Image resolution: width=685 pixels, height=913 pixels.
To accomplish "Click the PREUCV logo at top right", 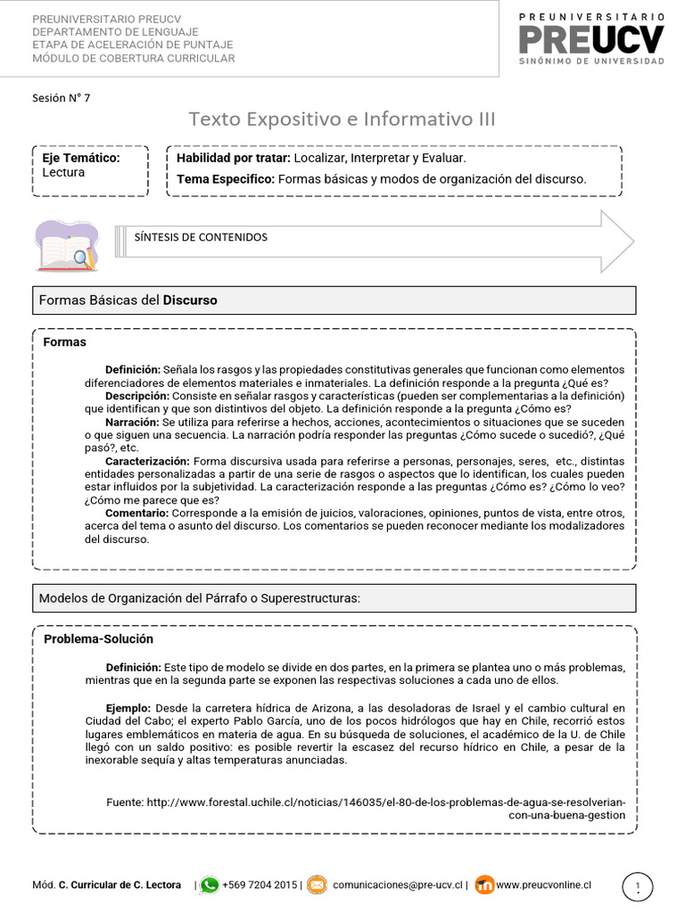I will click(591, 39).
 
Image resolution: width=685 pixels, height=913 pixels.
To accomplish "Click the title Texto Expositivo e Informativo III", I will click(342, 119).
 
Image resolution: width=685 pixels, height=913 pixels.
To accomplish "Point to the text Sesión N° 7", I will click(61, 98).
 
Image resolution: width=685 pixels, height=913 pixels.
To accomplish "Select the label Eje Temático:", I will click(81, 158).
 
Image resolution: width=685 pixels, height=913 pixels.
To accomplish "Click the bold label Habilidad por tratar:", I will click(234, 158).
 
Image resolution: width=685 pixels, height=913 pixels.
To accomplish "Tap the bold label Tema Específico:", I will click(226, 178).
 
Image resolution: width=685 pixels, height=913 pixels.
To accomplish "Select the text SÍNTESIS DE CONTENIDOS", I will click(201, 237).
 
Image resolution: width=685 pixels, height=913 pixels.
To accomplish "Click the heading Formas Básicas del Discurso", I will click(128, 300).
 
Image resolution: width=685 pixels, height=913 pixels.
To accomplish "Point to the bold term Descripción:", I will click(136, 395).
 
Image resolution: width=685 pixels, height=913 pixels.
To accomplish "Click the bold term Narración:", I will click(132, 421).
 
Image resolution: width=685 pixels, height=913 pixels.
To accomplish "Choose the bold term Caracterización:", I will click(146, 461).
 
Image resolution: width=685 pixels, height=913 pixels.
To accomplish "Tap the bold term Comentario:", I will click(136, 514).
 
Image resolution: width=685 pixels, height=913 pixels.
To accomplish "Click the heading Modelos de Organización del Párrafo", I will click(199, 598).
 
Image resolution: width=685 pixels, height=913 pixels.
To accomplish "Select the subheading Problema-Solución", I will click(98, 639).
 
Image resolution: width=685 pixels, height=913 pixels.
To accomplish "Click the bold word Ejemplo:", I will click(128, 708).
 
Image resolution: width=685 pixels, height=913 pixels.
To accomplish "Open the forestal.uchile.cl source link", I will click(385, 802).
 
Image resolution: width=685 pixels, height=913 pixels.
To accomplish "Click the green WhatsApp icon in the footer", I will click(210, 885).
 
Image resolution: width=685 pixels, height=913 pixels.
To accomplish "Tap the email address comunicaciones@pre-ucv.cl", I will click(398, 885).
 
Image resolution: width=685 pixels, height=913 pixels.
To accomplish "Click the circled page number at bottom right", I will click(637, 886).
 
